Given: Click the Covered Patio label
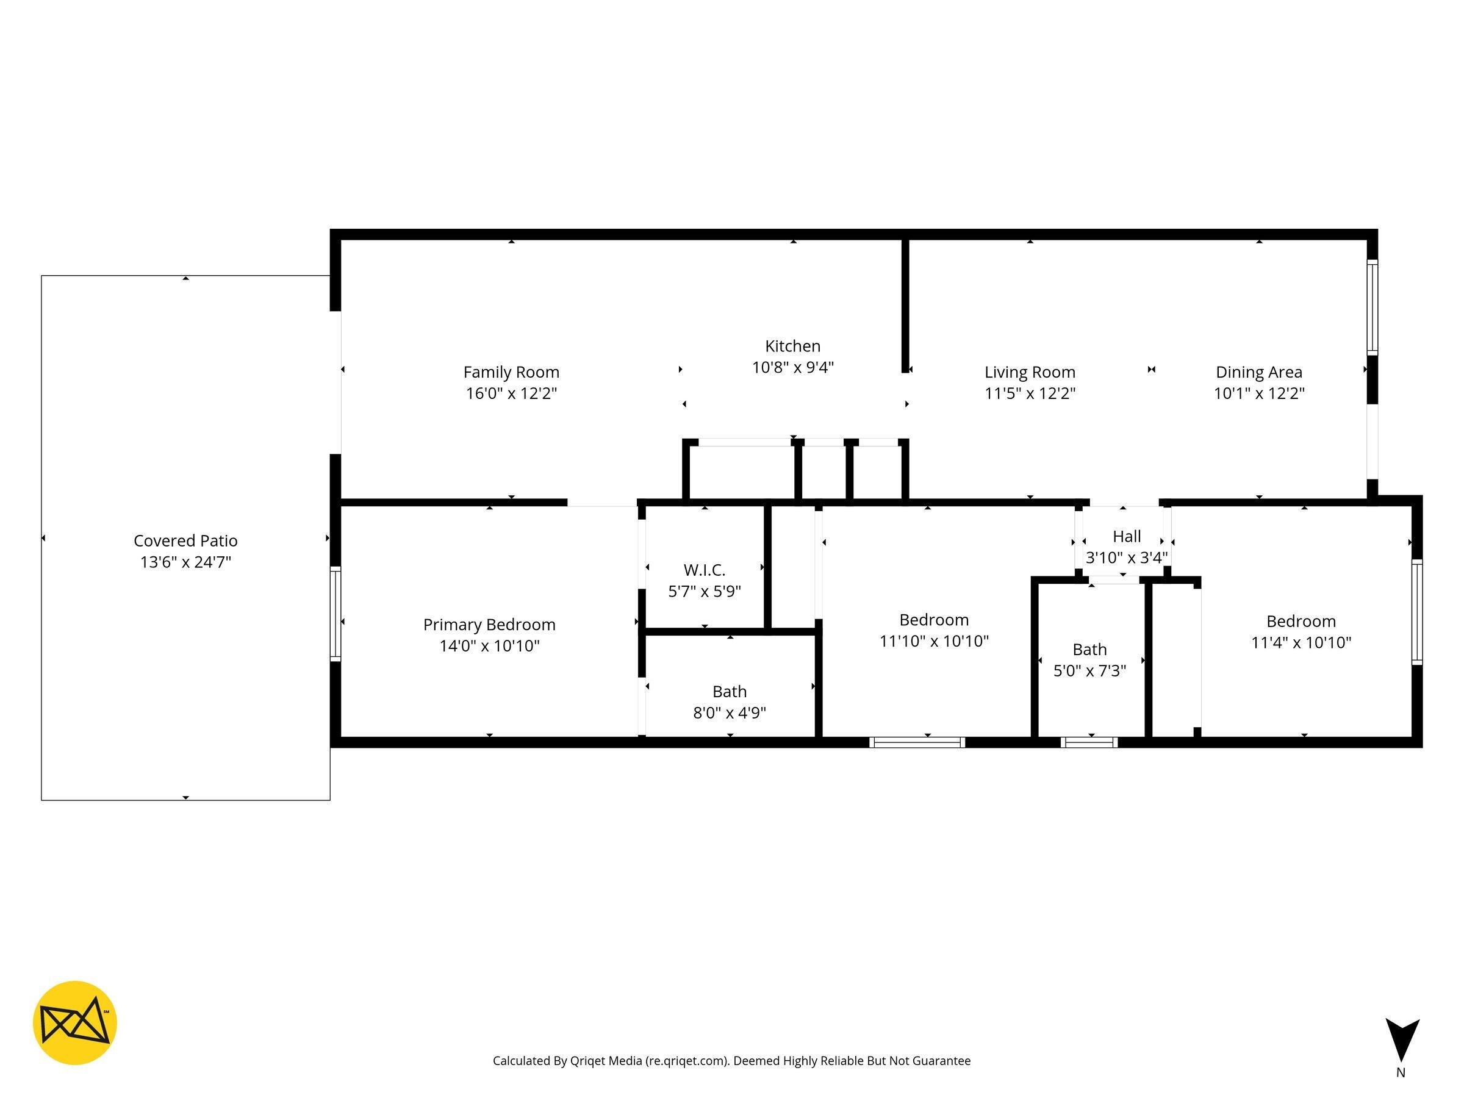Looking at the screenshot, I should (x=185, y=540).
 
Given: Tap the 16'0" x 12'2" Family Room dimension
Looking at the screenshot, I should (x=511, y=393).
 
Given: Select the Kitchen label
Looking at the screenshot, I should (x=792, y=346).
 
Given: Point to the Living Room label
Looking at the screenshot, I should (x=1029, y=372).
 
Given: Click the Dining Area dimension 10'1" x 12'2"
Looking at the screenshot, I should (x=1258, y=393).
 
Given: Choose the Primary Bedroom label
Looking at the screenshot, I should (x=489, y=624).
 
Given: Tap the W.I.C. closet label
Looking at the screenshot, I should (x=704, y=570).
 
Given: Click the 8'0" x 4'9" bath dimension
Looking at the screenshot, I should (x=730, y=713).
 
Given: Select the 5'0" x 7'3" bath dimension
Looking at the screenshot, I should (x=1089, y=670).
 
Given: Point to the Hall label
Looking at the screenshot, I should (x=1127, y=536).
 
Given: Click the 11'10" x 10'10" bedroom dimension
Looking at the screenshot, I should (x=933, y=640).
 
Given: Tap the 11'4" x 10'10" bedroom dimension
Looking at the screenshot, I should (x=1301, y=642).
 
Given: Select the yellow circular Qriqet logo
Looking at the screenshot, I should (x=75, y=1022).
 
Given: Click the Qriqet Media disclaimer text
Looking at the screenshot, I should (x=731, y=1061).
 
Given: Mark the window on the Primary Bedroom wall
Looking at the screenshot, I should (x=335, y=614).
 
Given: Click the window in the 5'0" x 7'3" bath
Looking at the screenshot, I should (x=1089, y=742).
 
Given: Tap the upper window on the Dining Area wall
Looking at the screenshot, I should (x=1372, y=307).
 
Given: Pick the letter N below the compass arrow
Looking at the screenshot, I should (x=1401, y=1073).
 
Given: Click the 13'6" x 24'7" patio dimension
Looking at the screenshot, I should (x=185, y=562).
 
